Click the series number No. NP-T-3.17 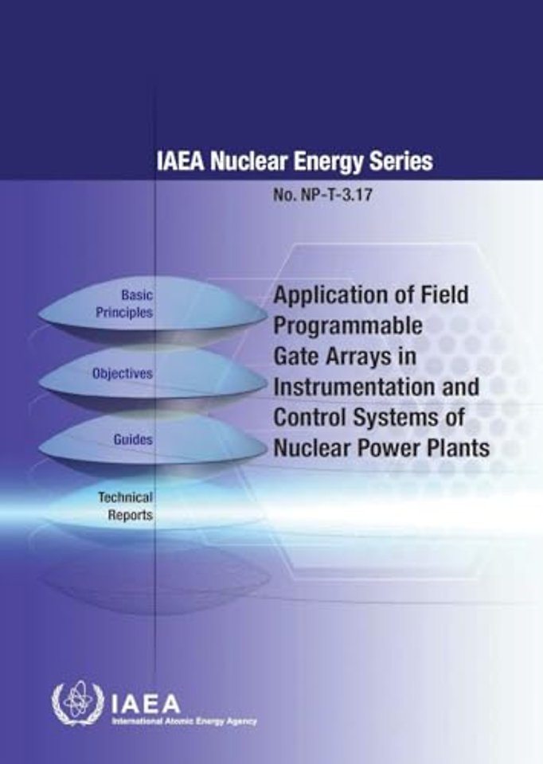(322, 195)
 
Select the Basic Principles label (124, 303)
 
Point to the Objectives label (123, 374)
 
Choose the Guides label (133, 439)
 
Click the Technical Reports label (125, 506)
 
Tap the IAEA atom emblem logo (78, 705)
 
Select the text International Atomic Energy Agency (184, 721)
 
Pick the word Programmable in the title (348, 325)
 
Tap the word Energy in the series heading (329, 162)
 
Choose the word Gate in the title (296, 356)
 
